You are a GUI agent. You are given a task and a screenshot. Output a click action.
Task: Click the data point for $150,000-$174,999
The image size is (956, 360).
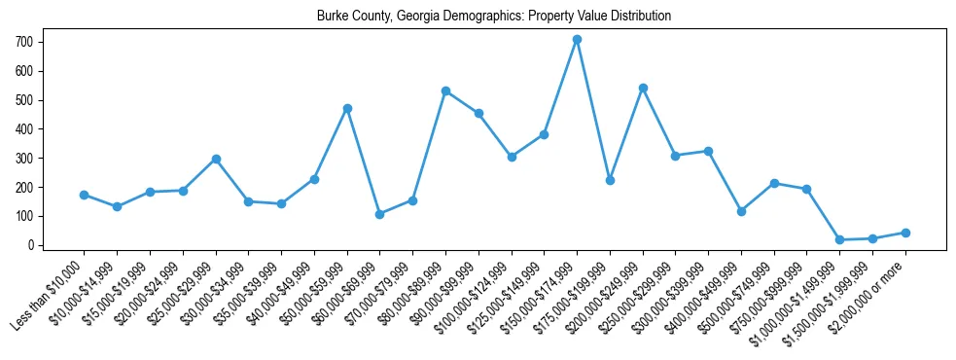pyautogui.click(x=577, y=40)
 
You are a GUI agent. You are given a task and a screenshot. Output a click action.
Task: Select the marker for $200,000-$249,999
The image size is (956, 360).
pyautogui.click(x=643, y=88)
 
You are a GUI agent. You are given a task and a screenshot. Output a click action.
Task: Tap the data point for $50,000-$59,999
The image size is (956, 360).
pyautogui.click(x=347, y=108)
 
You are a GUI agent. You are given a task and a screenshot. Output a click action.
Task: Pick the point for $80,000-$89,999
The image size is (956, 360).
pyautogui.click(x=445, y=90)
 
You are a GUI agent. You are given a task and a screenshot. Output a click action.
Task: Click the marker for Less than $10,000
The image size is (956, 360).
pyautogui.click(x=84, y=195)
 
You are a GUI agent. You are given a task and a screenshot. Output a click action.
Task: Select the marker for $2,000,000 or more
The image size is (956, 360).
pyautogui.click(x=905, y=233)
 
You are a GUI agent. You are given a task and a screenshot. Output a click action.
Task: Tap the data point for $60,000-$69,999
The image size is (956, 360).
pyautogui.click(x=379, y=214)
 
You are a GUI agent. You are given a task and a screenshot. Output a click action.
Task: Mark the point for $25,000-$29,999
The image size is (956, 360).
pyautogui.click(x=216, y=159)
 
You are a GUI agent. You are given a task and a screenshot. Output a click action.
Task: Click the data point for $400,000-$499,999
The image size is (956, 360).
pyautogui.click(x=741, y=211)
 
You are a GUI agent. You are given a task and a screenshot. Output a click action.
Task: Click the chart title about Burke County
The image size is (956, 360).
pyautogui.click(x=494, y=17)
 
